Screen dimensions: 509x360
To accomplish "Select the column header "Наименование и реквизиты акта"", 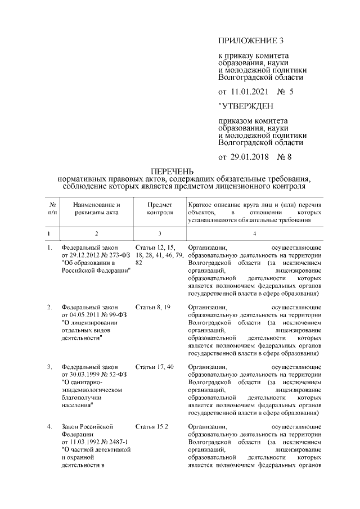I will point(96,209).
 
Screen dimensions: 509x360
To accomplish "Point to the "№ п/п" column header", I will point(52,209).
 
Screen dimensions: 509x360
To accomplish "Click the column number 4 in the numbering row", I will point(255,233).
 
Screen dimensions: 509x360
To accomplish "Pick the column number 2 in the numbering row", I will point(96,233).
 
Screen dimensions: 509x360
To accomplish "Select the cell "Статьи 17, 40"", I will point(154,367).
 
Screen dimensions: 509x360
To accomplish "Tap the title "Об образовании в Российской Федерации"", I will point(96,267).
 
